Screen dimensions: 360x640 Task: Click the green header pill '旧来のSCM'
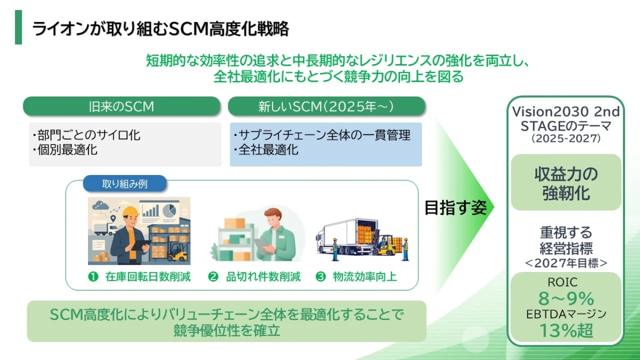[121, 106]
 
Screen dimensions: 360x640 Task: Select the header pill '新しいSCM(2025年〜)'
[326, 106]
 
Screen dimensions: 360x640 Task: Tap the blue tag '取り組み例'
[125, 184]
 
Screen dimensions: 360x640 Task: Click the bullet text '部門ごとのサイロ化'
[86, 135]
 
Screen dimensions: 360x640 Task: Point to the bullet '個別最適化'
[65, 150]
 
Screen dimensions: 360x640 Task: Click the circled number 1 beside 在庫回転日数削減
[93, 277]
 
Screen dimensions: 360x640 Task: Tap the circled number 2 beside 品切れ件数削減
[213, 277]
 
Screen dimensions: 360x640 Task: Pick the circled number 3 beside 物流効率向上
[321, 277]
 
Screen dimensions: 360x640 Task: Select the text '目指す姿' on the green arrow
[455, 208]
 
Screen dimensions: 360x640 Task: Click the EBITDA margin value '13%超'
[566, 330]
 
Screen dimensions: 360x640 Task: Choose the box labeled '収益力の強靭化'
[566, 183]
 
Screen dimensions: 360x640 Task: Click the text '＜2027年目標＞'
[566, 262]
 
